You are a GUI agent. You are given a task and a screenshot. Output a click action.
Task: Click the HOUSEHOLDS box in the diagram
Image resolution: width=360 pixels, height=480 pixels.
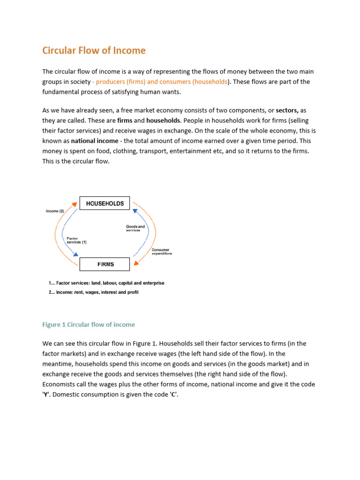pos(105,203)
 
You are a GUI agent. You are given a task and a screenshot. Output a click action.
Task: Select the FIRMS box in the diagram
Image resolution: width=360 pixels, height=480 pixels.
pos(105,264)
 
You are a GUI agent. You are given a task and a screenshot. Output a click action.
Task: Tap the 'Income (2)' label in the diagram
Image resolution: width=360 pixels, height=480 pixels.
pos(55,211)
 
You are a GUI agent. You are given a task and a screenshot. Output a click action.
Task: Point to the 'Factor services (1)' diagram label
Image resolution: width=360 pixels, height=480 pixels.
pos(76,240)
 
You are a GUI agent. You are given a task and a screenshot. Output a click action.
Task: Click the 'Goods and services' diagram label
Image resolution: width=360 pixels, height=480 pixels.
pos(135,228)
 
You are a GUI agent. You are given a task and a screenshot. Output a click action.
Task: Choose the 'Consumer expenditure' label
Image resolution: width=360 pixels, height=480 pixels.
pos(162,252)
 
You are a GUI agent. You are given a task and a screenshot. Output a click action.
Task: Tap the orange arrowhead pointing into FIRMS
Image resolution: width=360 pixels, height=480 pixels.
pos(136,263)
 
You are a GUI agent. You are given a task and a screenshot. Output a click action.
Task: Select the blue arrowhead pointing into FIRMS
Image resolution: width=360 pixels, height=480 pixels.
pos(75,255)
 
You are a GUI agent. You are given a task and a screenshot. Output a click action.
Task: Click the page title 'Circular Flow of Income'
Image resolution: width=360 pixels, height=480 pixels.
pos(94,50)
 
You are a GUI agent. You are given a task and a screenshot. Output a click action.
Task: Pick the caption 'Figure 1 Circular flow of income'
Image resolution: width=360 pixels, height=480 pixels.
pos(88,324)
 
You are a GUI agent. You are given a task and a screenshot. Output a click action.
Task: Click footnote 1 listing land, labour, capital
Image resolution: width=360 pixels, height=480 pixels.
pos(106,283)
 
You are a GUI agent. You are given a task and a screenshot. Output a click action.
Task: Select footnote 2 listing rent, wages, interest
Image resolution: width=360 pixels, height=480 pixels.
pos(94,292)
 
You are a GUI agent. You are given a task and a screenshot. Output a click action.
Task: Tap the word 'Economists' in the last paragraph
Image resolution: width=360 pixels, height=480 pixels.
pos(61,384)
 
